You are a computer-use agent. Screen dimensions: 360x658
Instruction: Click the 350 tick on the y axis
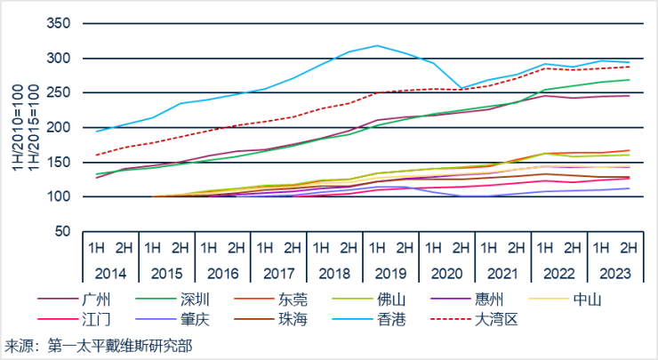58,23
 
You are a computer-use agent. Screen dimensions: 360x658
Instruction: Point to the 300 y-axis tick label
58,58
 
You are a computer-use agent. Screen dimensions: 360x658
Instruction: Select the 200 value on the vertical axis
58,127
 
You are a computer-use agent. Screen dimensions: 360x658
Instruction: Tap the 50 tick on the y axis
61,231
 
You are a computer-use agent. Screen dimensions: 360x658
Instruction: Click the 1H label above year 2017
265,244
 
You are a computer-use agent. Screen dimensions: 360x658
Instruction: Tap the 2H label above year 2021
518,244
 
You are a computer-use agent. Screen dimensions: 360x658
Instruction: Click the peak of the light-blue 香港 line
377,44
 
